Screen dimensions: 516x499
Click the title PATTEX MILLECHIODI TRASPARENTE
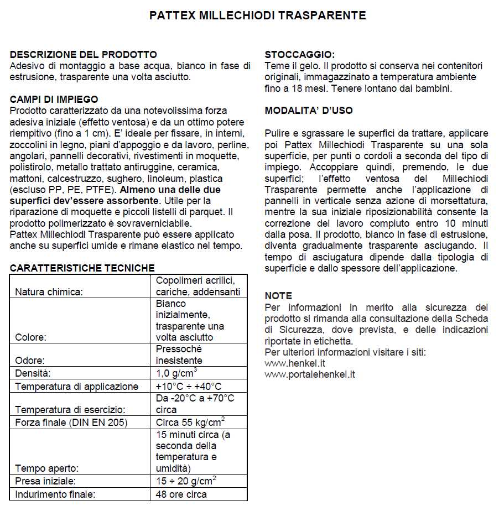pos(257,15)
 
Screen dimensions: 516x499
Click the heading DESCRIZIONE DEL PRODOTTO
pos(84,54)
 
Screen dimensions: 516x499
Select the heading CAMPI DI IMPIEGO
pos(54,100)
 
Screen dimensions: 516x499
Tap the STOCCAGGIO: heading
pos(299,54)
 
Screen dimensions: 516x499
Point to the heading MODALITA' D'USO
pos(309,111)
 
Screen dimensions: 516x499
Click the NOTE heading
pos(278,296)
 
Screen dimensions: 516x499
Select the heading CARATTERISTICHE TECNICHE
pos(82,268)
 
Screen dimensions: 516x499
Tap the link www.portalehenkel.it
pos(310,374)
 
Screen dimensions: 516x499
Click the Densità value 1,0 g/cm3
pos(176,372)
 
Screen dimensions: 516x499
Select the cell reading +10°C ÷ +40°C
pos(188,386)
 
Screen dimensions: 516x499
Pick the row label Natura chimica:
pos(49,291)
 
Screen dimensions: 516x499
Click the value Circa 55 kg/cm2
pos(190,422)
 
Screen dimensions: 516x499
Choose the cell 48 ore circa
pos(181,494)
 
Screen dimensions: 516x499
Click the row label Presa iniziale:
pos(45,481)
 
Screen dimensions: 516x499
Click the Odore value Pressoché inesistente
pos(179,355)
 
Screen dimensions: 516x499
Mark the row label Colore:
pos(31,337)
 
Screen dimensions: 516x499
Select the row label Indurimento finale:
pos(55,494)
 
